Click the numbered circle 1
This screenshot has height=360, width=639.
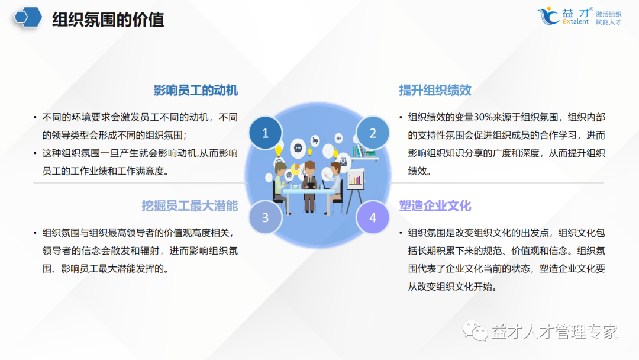(265, 133)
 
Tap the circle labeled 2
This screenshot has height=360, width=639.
(373, 133)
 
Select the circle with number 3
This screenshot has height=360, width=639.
(265, 217)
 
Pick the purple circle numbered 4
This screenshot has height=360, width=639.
(373, 217)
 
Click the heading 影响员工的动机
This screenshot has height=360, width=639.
(196, 90)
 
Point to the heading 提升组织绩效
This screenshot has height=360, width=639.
(435, 90)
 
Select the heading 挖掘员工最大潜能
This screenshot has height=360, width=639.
(189, 205)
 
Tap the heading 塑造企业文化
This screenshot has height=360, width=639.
(435, 205)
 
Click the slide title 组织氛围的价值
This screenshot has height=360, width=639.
(108, 20)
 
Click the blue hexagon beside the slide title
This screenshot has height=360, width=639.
(28, 18)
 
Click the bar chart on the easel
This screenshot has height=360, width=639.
(355, 178)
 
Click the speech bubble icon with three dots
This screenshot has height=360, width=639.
(298, 147)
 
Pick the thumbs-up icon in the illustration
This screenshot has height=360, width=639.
(316, 140)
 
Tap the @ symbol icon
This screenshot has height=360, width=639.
(289, 175)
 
